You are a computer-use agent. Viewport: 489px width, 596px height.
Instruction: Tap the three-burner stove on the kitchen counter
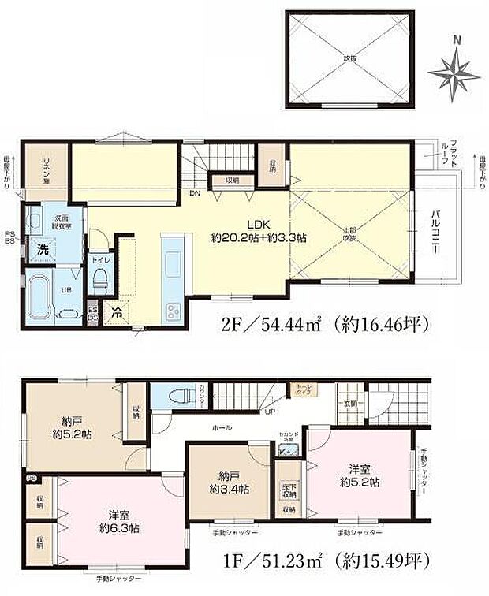[172, 310]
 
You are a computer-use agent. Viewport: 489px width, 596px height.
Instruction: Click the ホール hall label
[222, 427]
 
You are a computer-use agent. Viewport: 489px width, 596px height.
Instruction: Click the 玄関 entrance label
[349, 404]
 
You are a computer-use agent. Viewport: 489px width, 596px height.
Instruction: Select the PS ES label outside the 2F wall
[9, 238]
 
